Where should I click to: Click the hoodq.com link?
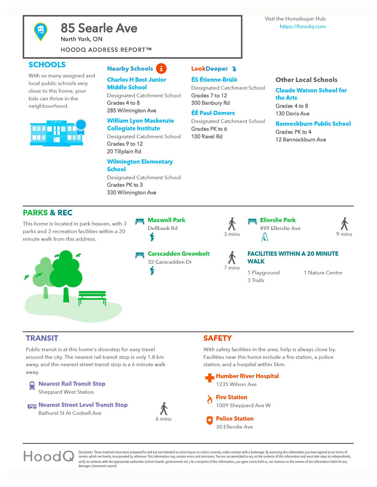click(303, 27)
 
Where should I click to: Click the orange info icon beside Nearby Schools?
click(161, 69)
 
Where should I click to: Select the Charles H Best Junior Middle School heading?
click(136, 84)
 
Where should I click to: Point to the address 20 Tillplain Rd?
click(124, 151)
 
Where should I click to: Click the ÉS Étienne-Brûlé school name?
click(214, 80)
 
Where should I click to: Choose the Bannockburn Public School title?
click(313, 124)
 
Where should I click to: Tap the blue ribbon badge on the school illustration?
click(81, 126)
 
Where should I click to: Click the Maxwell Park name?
click(166, 220)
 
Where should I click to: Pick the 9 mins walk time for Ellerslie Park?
click(344, 234)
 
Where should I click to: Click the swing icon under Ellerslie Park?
click(265, 237)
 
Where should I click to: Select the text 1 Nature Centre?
click(323, 273)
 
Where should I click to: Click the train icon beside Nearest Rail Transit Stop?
click(32, 386)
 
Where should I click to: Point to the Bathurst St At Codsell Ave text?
click(70, 413)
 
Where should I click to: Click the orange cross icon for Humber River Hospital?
click(210, 378)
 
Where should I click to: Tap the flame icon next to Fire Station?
click(210, 399)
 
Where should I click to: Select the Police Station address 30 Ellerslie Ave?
click(234, 427)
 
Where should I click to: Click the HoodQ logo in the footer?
click(49, 456)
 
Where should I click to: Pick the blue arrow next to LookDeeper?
click(234, 69)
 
